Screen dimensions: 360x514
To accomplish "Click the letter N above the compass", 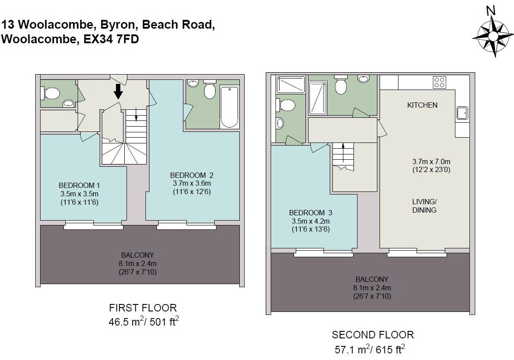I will pos(490,11).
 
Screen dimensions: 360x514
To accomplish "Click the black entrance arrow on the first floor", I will pos(118,91).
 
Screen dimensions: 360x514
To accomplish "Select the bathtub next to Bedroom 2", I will pos(229,106).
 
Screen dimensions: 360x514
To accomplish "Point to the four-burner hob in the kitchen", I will pos(440,82).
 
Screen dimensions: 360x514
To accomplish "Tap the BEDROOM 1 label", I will pos(79,185).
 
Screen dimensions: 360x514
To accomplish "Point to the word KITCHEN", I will pos(422,105).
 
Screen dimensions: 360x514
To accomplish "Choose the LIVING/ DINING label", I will pos(424,206).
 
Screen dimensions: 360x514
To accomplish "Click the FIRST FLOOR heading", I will pos(143,308).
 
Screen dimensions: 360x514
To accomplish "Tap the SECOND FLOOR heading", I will pos(372,335).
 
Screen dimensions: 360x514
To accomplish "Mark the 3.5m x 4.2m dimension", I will pos(310,221).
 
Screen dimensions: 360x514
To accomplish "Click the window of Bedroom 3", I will pos(324,252).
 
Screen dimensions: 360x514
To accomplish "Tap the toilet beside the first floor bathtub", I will pos(209,90).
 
